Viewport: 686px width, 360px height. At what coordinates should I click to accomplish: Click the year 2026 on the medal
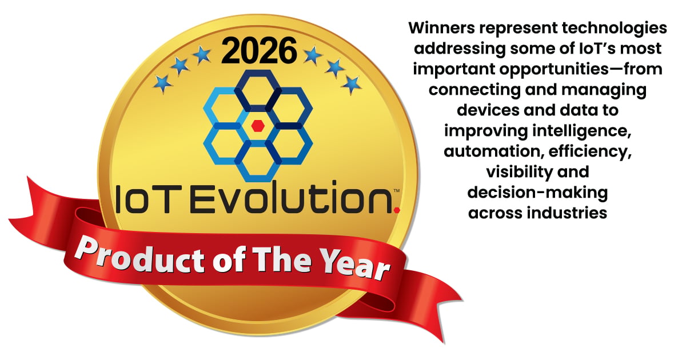coord(259,50)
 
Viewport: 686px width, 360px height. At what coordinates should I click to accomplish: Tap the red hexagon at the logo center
coord(258,126)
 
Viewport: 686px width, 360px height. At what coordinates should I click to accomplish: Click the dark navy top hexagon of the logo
coord(258,91)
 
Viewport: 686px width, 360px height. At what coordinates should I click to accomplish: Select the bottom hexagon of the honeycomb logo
coord(258,161)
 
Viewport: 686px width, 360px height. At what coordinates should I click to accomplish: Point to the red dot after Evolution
coord(397,210)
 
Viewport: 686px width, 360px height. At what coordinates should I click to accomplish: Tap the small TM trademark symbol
coord(396,190)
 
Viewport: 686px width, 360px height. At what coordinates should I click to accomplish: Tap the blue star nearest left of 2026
coord(202,55)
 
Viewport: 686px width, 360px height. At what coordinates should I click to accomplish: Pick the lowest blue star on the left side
coord(162,83)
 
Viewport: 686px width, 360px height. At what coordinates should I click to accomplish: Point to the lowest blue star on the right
coord(351,85)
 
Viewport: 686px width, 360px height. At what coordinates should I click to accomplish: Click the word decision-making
coord(537,194)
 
